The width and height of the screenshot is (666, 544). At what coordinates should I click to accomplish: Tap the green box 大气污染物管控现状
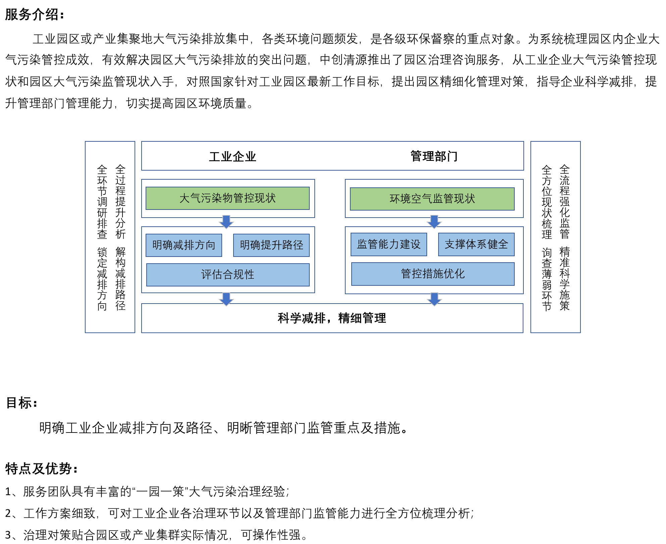(227, 198)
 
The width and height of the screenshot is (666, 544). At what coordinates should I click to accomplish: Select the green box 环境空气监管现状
(432, 199)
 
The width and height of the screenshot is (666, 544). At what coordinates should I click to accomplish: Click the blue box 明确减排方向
(184, 245)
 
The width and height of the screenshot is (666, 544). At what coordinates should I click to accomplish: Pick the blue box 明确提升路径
(271, 245)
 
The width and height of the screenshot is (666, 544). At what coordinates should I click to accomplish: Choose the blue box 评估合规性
(228, 275)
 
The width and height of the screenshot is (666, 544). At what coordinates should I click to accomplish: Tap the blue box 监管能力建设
(389, 244)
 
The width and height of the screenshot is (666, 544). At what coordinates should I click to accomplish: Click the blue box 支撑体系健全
(476, 244)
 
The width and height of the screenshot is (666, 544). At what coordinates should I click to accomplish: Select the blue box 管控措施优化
(433, 274)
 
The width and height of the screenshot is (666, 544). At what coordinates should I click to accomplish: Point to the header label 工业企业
(233, 156)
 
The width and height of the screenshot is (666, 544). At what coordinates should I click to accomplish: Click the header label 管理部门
(434, 156)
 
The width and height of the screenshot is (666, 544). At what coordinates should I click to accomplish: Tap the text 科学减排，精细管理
(332, 318)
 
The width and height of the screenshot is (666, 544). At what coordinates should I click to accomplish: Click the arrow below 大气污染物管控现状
(226, 222)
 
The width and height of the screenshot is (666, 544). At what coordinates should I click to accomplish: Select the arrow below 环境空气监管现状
(434, 222)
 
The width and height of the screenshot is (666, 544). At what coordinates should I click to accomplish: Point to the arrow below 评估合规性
(226, 299)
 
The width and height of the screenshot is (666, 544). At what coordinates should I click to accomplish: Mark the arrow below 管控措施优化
(434, 299)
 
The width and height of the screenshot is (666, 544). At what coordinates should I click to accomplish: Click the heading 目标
(21, 403)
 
